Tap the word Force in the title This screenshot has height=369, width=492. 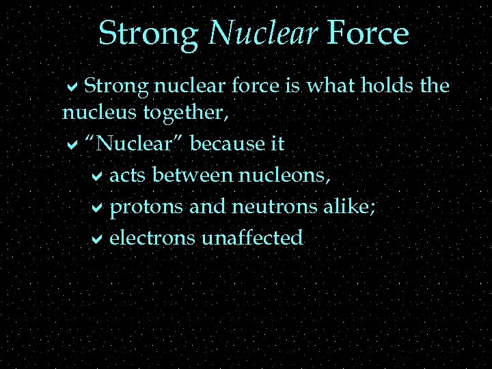368,33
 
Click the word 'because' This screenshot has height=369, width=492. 224,143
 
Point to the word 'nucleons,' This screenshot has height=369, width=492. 285,176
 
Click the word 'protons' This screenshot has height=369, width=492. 146,207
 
